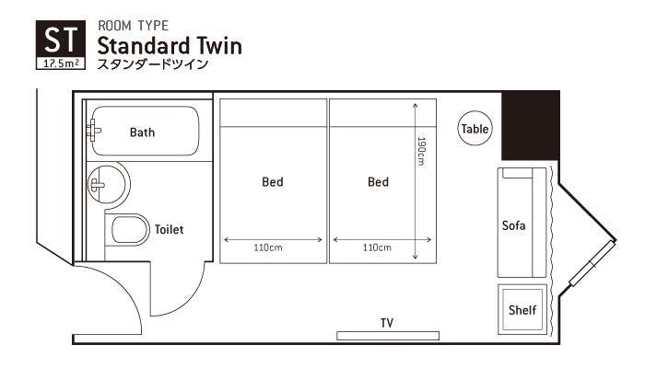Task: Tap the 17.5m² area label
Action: click(61, 63)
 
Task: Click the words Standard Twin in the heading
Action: click(170, 46)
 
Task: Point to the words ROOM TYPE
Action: click(134, 26)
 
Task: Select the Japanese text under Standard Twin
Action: click(153, 64)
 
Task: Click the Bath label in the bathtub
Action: click(142, 132)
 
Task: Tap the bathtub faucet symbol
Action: click(93, 131)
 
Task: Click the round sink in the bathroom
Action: click(108, 184)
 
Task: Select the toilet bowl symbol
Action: click(129, 230)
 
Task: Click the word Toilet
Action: click(169, 230)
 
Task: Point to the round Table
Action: click(475, 129)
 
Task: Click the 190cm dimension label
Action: click(421, 151)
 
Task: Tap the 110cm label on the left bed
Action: click(268, 247)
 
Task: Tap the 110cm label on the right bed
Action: click(377, 247)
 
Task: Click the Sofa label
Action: click(514, 225)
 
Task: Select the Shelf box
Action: click(522, 309)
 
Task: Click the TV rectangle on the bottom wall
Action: click(388, 336)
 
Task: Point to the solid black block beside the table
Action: click(531, 126)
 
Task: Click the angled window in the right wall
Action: click(592, 263)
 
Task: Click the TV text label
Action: click(387, 323)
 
